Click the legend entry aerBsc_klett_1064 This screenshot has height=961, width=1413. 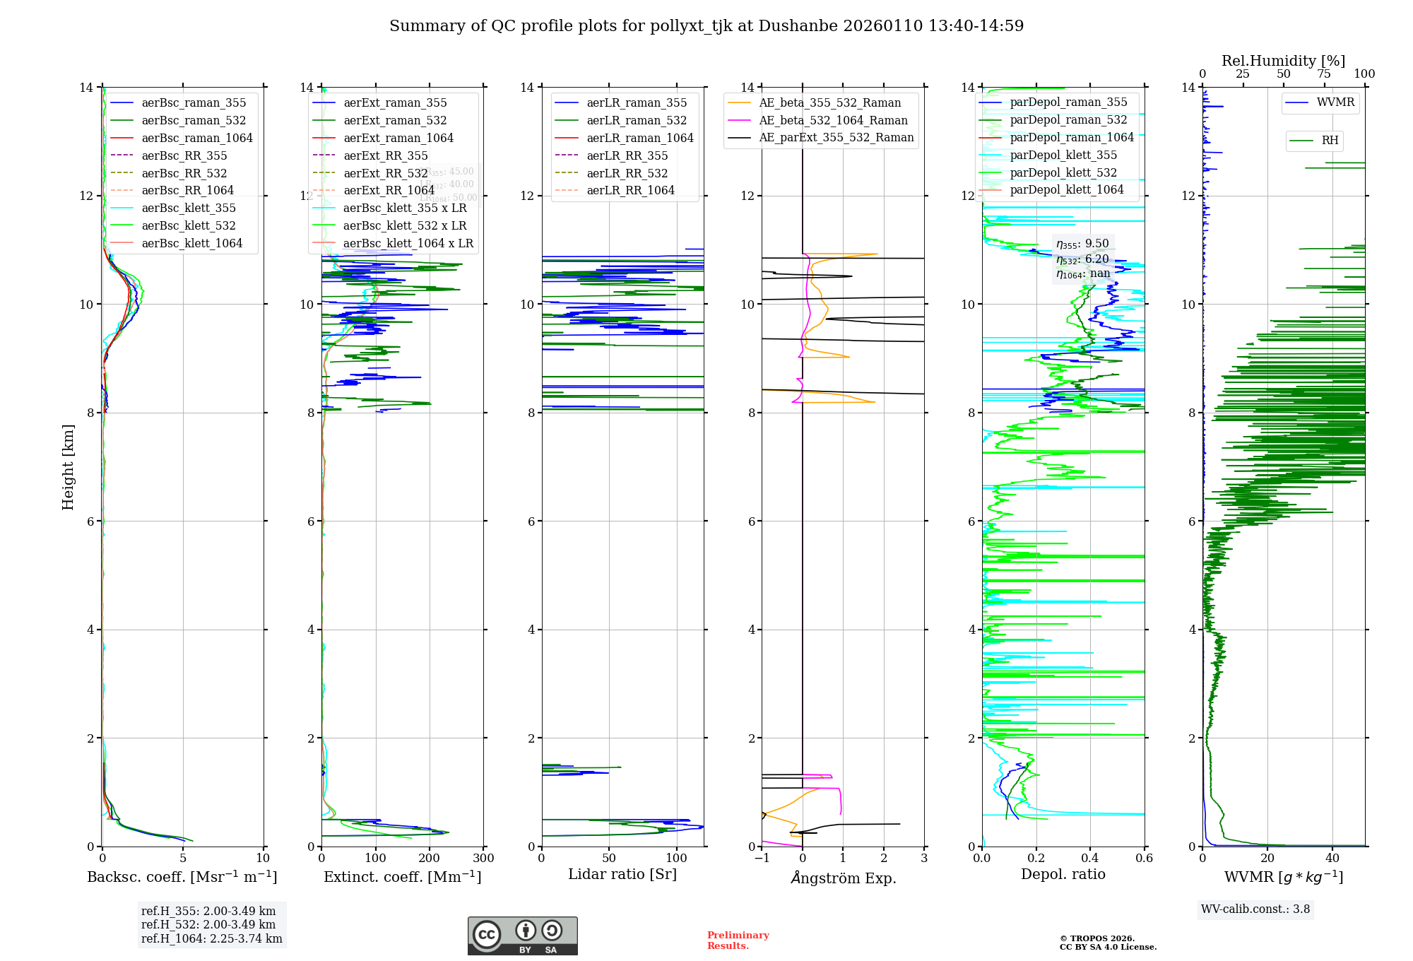(191, 243)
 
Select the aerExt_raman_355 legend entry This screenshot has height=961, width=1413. (395, 102)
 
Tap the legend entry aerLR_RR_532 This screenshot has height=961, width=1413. (627, 173)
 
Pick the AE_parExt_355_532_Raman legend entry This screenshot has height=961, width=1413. (836, 137)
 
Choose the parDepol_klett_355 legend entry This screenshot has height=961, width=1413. (1063, 155)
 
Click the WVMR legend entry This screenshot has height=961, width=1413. (1335, 102)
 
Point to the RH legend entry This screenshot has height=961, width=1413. (1330, 141)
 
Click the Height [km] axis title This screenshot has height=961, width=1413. (68, 467)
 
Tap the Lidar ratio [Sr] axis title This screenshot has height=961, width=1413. (622, 874)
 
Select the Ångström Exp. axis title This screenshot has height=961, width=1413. (844, 878)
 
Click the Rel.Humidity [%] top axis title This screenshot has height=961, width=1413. (1283, 61)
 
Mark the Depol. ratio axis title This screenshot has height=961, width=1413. (1063, 874)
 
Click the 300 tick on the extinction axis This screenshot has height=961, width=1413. (484, 859)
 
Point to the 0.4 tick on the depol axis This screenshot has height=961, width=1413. (1090, 859)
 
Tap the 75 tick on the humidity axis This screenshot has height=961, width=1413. (1324, 74)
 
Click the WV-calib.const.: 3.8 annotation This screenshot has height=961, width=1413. (1255, 909)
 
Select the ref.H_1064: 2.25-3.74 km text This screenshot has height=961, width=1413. (212, 938)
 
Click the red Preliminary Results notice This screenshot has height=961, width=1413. (738, 941)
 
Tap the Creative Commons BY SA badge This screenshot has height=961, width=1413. (523, 936)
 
